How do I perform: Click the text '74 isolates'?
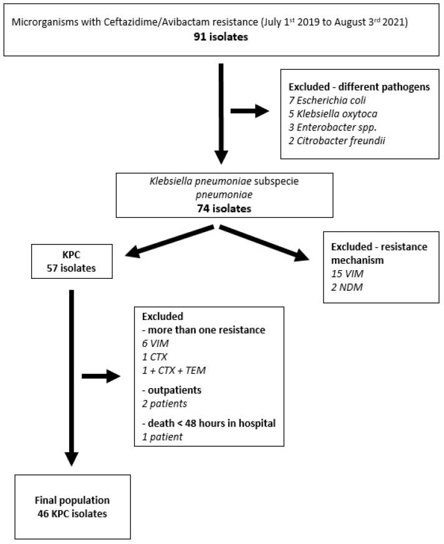point(222,209)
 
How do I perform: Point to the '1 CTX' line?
point(157,356)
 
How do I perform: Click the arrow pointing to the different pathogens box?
point(249,112)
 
